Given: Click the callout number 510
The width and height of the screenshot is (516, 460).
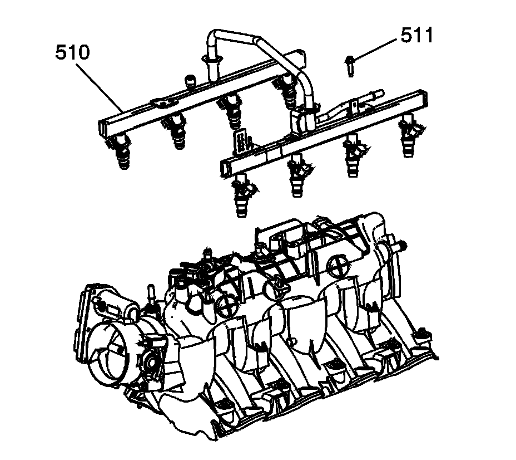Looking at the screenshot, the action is pyautogui.click(x=72, y=53).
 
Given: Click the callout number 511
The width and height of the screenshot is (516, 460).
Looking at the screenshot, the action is pyautogui.click(x=416, y=35).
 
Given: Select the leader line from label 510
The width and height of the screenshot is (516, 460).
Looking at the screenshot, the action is pyautogui.click(x=100, y=87).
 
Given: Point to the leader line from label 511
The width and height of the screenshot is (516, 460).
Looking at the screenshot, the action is pyautogui.click(x=375, y=50).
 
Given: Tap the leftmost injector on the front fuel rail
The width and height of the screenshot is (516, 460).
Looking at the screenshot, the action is pyautogui.click(x=244, y=195).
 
